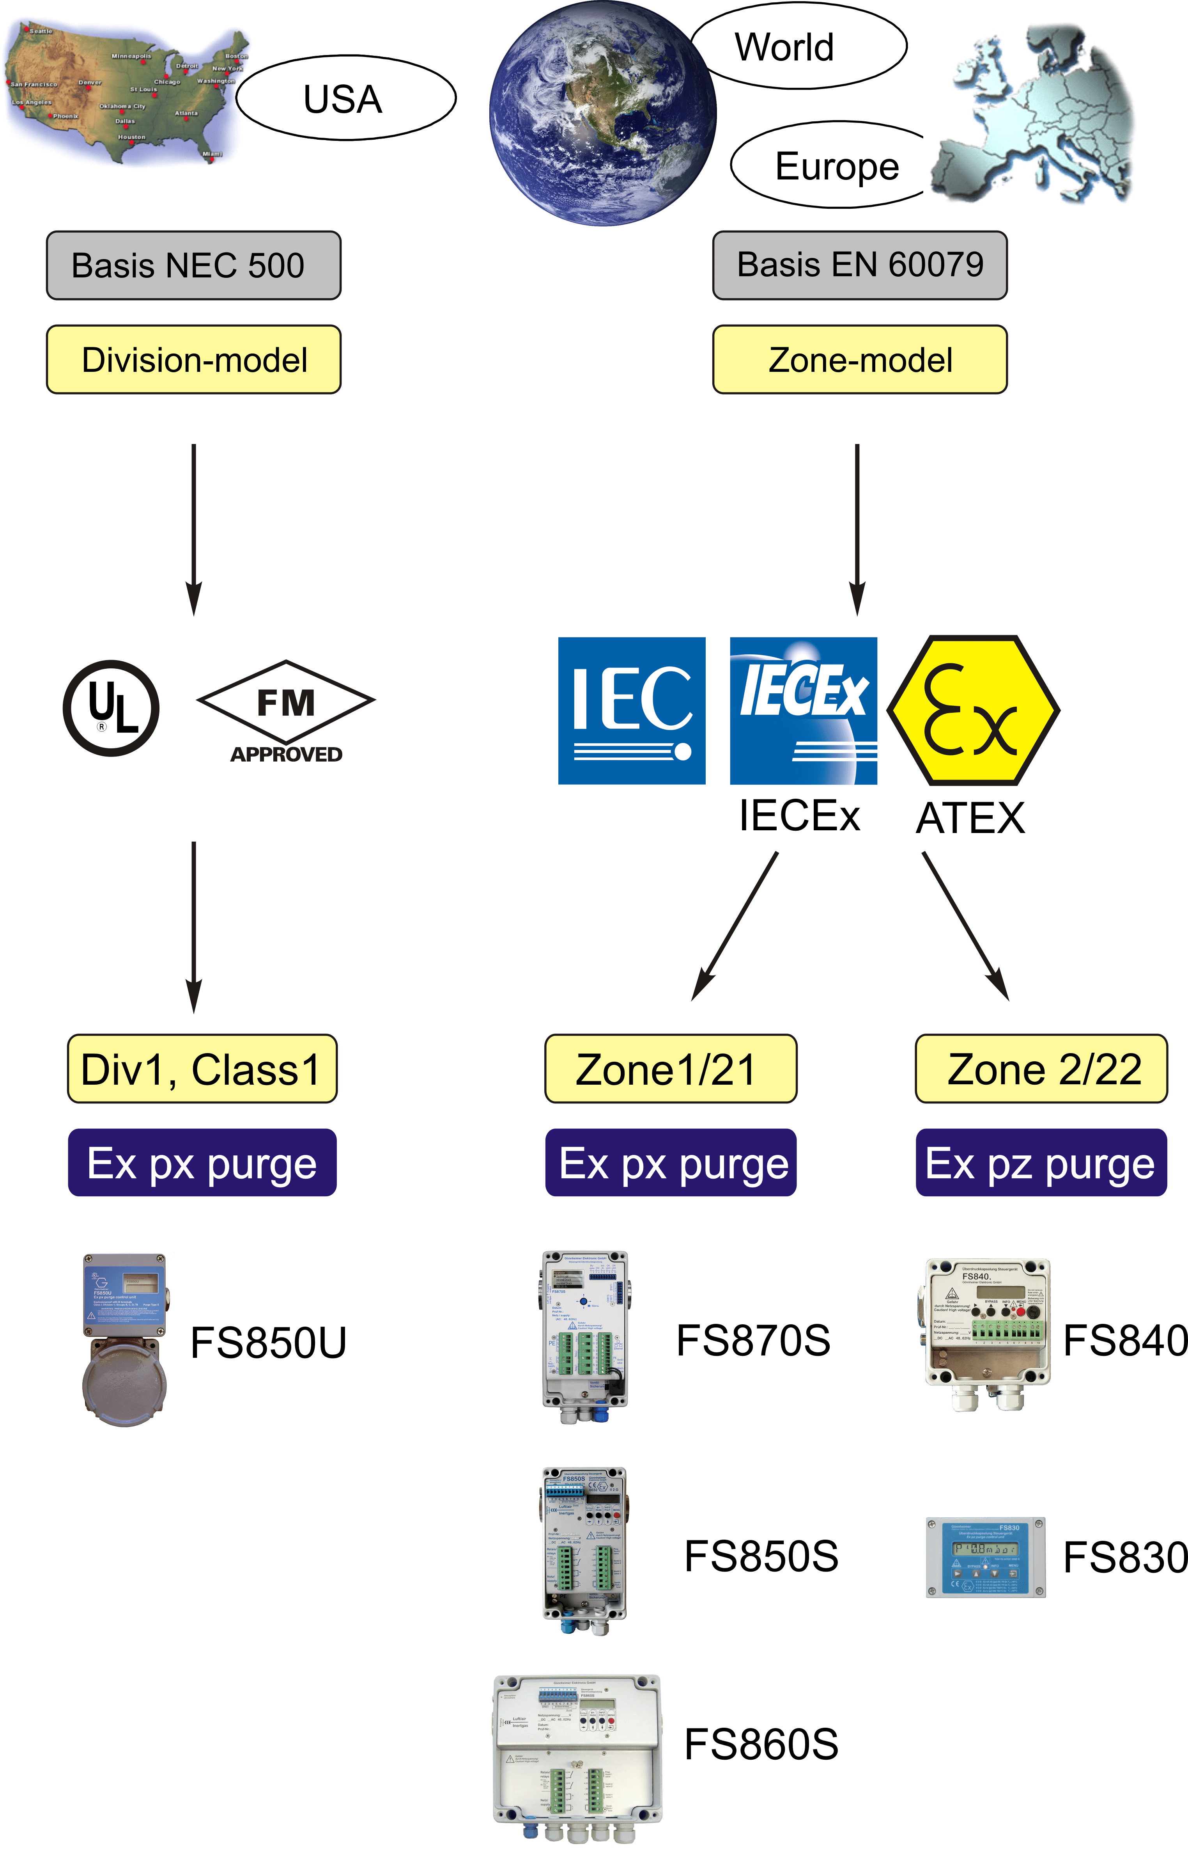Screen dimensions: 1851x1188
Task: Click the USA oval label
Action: (345, 98)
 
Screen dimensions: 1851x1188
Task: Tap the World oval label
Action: (797, 46)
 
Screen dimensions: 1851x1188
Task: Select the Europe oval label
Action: (833, 165)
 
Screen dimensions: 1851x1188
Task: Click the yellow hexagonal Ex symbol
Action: (973, 710)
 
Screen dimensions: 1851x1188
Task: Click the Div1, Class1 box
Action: (202, 1069)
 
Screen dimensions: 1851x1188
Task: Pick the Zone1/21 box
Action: (670, 1069)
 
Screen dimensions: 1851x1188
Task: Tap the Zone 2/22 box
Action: (1041, 1069)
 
